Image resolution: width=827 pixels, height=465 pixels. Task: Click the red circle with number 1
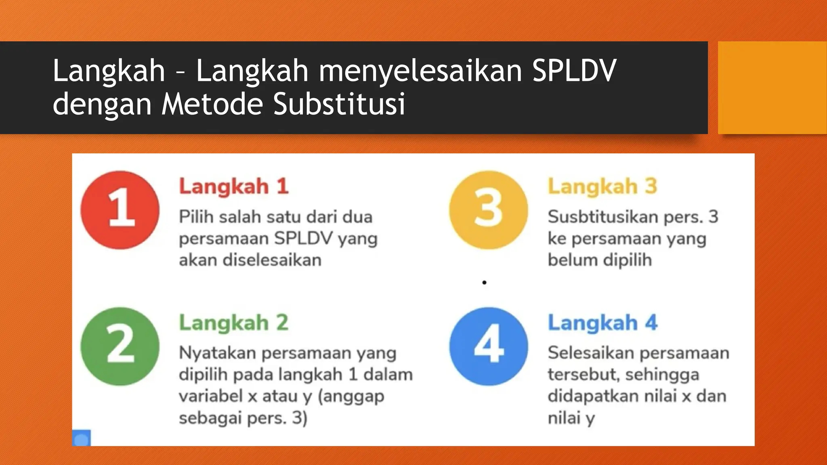click(x=120, y=210)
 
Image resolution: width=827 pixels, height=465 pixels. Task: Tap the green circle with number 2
click(x=120, y=346)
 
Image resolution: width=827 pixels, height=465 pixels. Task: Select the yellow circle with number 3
click(x=489, y=210)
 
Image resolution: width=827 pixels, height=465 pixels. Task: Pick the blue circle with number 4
click(x=489, y=346)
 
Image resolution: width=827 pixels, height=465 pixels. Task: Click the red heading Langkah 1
click(x=234, y=186)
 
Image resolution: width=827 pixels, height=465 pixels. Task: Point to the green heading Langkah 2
click(x=234, y=323)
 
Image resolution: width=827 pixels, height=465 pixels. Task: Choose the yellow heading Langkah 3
click(x=602, y=186)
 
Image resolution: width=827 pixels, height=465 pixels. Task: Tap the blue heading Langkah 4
click(x=602, y=323)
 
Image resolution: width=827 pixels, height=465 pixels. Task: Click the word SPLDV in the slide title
click(x=574, y=70)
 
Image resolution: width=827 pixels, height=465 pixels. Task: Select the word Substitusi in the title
click(x=339, y=104)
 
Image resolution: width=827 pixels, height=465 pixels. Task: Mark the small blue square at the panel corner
click(x=82, y=438)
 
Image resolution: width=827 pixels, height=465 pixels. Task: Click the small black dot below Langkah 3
click(x=484, y=283)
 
